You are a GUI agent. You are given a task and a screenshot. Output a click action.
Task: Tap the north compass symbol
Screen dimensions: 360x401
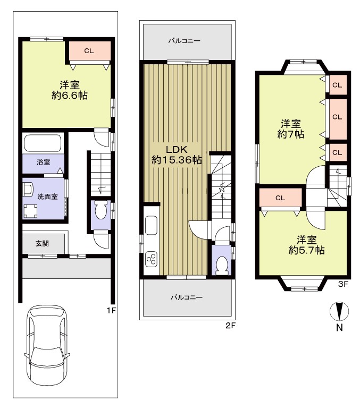[339, 311]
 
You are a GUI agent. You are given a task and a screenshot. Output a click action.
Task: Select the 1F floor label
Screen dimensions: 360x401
[111, 311]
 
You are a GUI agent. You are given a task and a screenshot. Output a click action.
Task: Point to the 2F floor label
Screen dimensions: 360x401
[230, 326]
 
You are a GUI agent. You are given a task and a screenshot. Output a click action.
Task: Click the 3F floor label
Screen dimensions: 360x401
[343, 284]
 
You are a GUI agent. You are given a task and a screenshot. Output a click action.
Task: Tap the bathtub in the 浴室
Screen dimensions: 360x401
[43, 143]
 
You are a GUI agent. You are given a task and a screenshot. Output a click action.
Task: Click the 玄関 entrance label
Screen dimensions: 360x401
[42, 243]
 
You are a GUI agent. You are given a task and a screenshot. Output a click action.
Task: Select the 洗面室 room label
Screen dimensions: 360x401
[47, 197]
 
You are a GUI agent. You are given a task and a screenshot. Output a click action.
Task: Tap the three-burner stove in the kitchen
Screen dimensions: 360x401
[152, 259]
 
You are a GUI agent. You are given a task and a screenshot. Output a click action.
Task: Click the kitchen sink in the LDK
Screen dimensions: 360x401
[151, 225]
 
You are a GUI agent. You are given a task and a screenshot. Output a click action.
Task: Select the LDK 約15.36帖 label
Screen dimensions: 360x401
[177, 155]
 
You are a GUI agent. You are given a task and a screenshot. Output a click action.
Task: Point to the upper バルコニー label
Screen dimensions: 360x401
[185, 41]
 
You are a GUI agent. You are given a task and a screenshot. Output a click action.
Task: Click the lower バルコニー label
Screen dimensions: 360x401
[187, 297]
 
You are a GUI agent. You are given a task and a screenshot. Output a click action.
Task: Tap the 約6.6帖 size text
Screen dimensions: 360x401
[70, 96]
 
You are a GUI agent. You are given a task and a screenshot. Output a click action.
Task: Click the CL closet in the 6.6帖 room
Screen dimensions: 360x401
[89, 50]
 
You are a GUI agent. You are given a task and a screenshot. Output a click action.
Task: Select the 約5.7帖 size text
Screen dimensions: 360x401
[307, 250]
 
